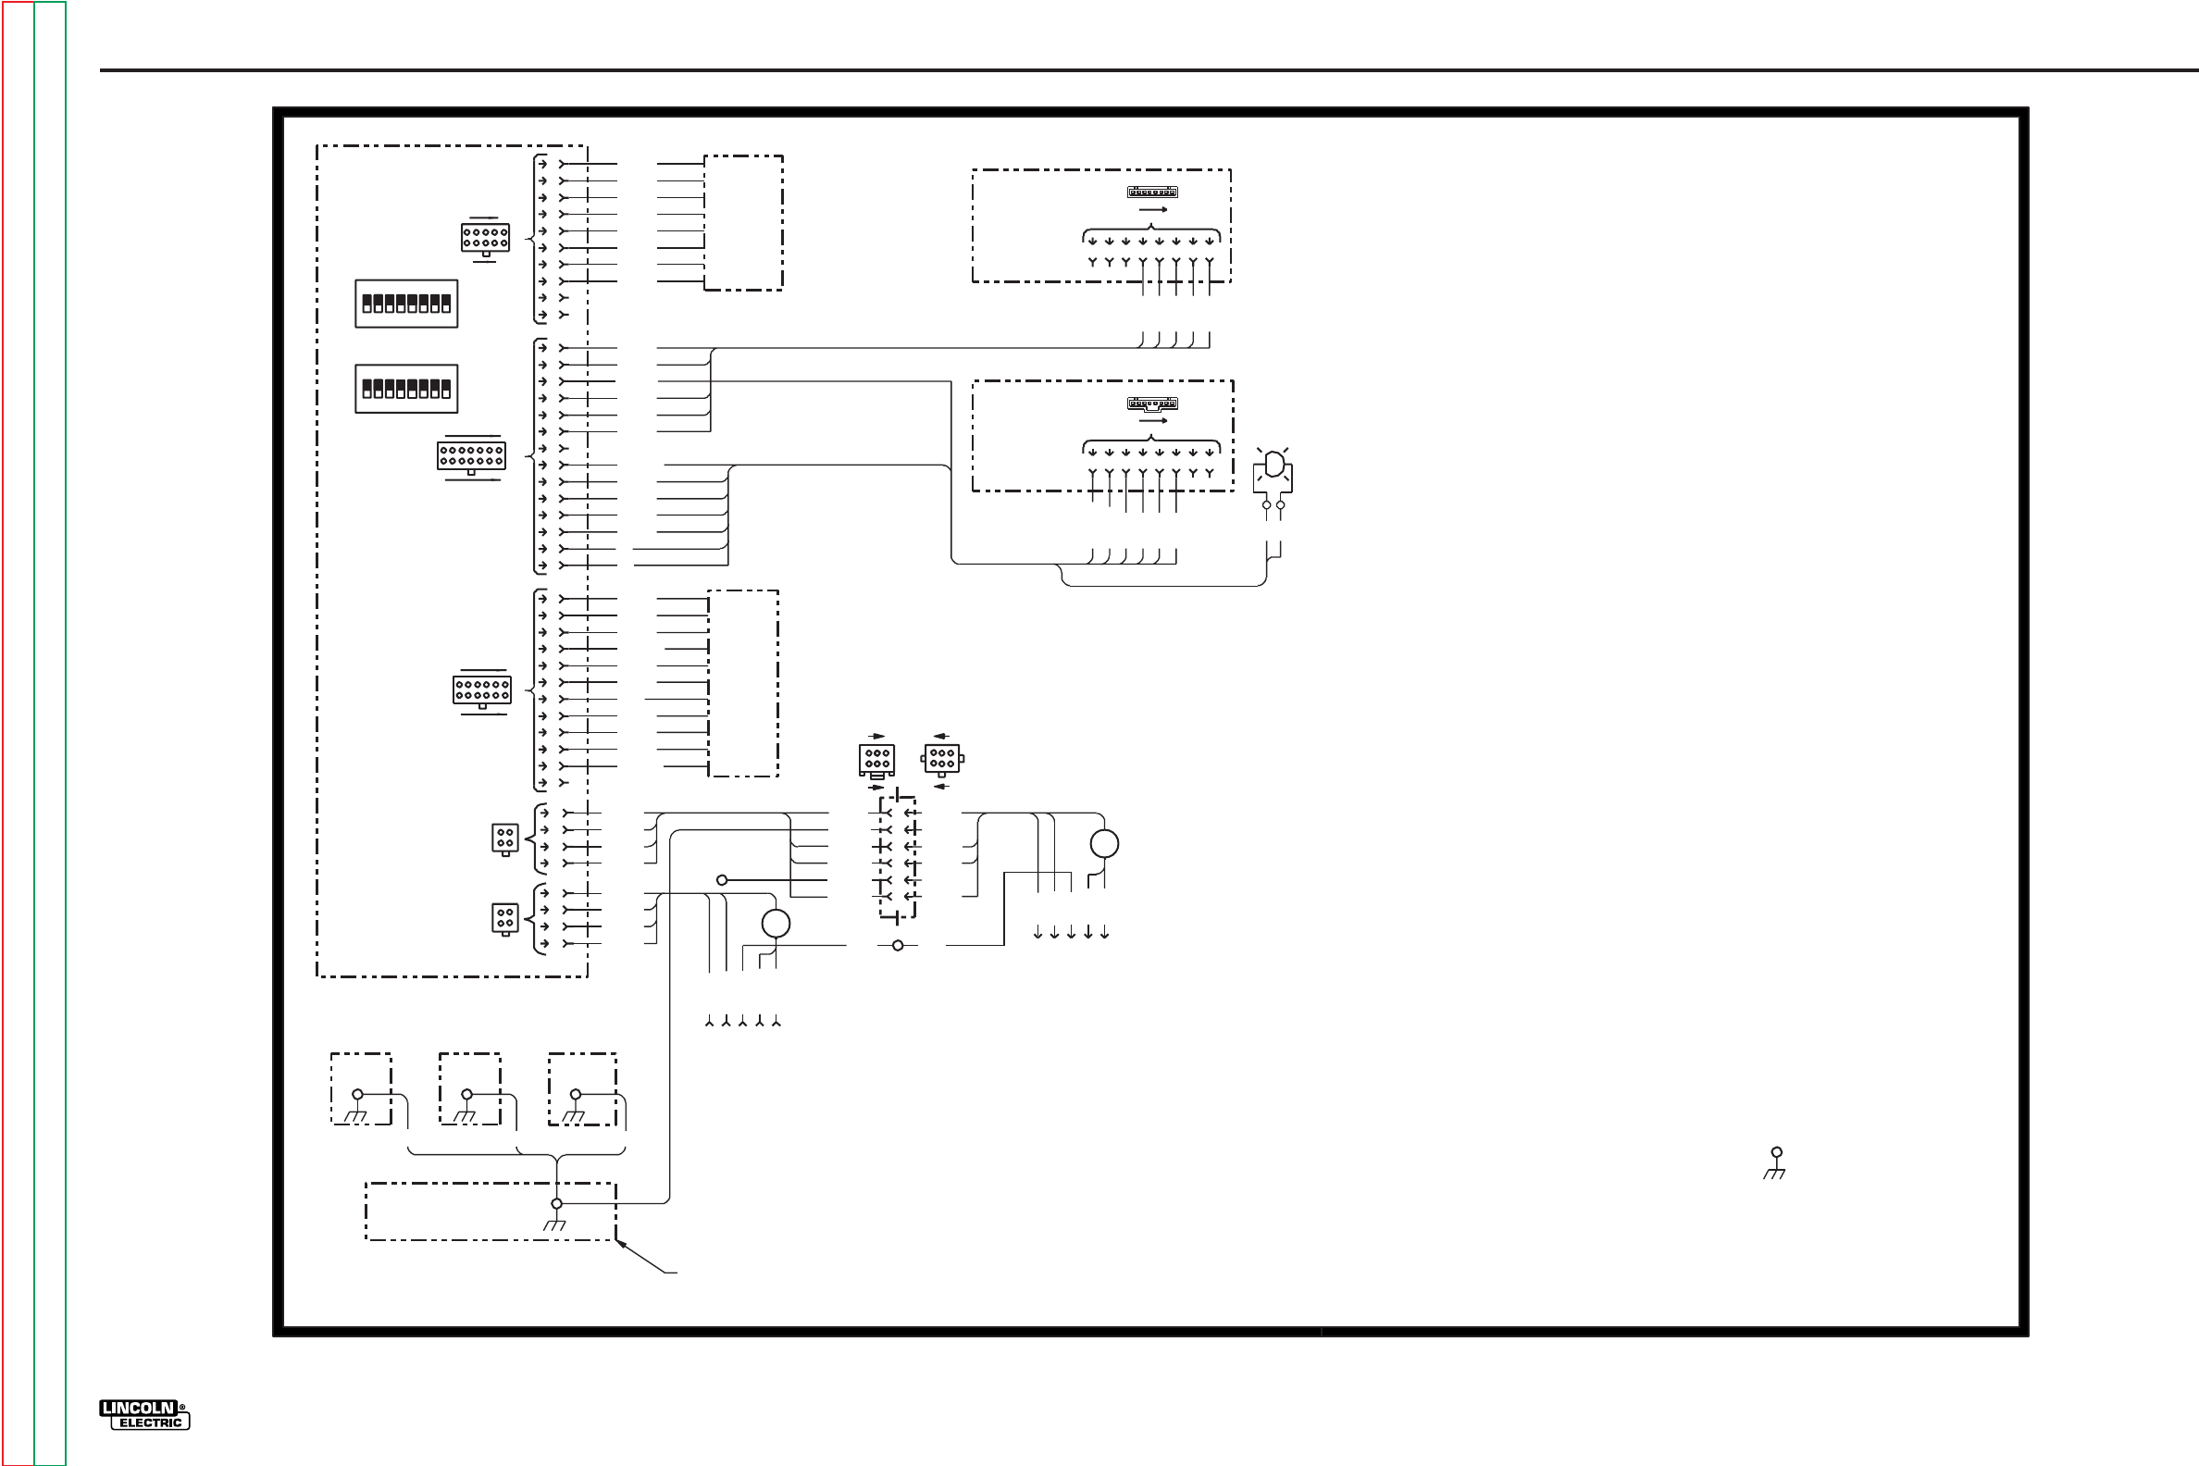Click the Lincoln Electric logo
144,1414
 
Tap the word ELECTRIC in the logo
151,1423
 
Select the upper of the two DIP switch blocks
406,304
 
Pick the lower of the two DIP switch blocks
406,389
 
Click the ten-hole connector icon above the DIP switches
485,238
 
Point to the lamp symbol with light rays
1273,469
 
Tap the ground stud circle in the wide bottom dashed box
556,1204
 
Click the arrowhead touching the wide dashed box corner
621,1245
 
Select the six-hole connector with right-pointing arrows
877,759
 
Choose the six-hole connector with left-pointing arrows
942,758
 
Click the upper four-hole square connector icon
505,838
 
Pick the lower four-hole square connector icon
505,918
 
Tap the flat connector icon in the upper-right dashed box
1152,193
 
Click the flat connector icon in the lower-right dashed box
1152,404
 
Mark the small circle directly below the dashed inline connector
898,946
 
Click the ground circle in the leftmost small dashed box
357,1095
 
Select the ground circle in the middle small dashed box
466,1095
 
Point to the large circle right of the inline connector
1104,844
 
